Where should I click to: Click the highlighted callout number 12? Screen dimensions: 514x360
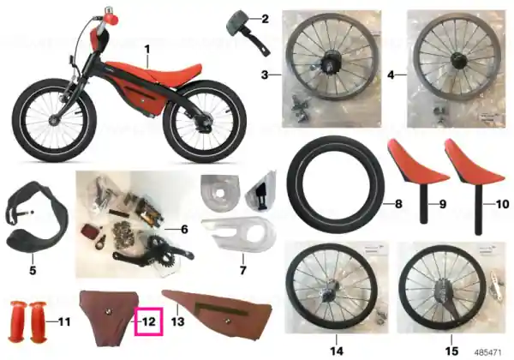(x=149, y=321)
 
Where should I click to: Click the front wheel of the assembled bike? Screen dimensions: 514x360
(x=55, y=120)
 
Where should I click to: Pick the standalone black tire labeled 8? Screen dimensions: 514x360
(x=335, y=184)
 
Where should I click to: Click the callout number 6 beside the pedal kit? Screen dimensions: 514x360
(x=184, y=230)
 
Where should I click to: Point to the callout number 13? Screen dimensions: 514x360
(x=178, y=321)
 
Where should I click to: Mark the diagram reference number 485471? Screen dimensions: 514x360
(x=488, y=353)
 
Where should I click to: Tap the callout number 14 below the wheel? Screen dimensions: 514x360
(x=337, y=351)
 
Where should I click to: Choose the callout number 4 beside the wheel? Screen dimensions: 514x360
(x=391, y=75)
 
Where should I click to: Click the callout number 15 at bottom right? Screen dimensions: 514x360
(x=451, y=351)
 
